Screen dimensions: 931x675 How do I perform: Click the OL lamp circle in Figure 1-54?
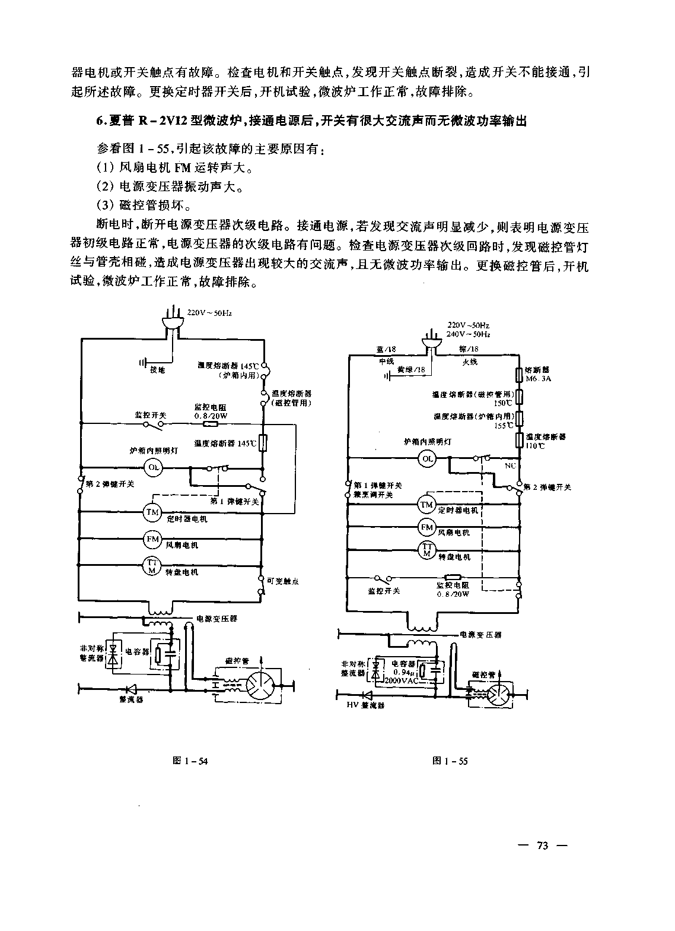point(154,467)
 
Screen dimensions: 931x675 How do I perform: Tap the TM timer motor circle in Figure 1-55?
point(426,505)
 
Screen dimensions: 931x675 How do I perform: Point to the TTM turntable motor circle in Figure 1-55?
point(426,550)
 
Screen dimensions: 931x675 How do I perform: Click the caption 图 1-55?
point(451,761)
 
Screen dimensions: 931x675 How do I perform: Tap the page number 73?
point(543,846)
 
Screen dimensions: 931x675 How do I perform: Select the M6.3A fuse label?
point(538,378)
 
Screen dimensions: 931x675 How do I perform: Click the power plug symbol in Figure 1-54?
point(172,321)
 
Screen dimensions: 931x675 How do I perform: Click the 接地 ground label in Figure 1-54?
point(158,369)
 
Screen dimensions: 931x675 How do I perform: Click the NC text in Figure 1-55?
point(510,466)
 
